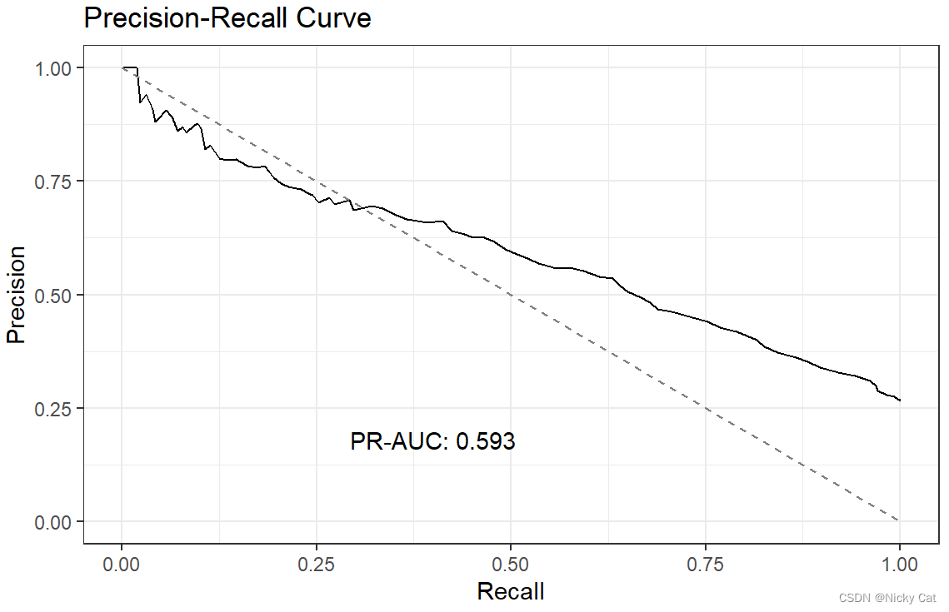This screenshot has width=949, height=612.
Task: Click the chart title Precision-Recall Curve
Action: [x=227, y=18]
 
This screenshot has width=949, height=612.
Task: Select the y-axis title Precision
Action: [x=17, y=294]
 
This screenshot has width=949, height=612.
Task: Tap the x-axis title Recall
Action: [x=510, y=591]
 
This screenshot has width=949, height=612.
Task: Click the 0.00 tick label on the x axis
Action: [x=122, y=565]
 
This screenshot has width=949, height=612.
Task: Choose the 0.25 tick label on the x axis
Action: [x=317, y=565]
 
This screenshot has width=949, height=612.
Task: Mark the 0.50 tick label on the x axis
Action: [x=511, y=565]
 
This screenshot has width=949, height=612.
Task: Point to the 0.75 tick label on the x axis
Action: [x=706, y=565]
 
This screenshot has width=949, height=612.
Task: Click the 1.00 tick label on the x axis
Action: [x=900, y=565]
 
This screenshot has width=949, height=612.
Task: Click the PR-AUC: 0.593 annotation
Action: [x=432, y=441]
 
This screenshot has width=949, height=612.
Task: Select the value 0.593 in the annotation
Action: [x=486, y=441]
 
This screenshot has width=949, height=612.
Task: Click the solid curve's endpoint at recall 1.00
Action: [x=900, y=401]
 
